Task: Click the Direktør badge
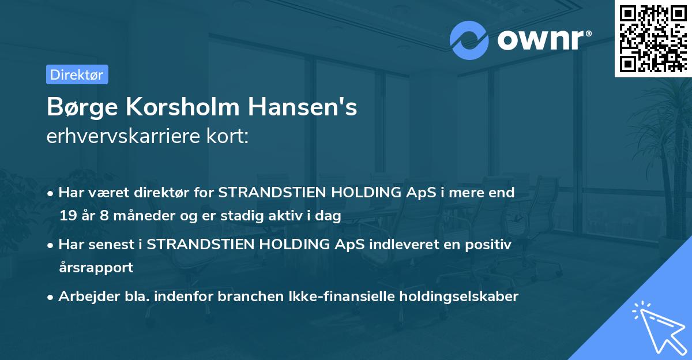(x=77, y=74)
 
